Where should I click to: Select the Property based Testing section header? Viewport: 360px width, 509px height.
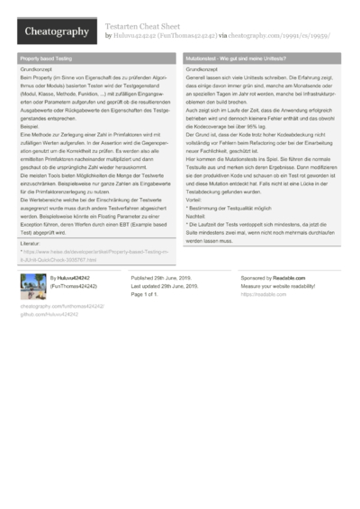[x=45, y=58]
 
